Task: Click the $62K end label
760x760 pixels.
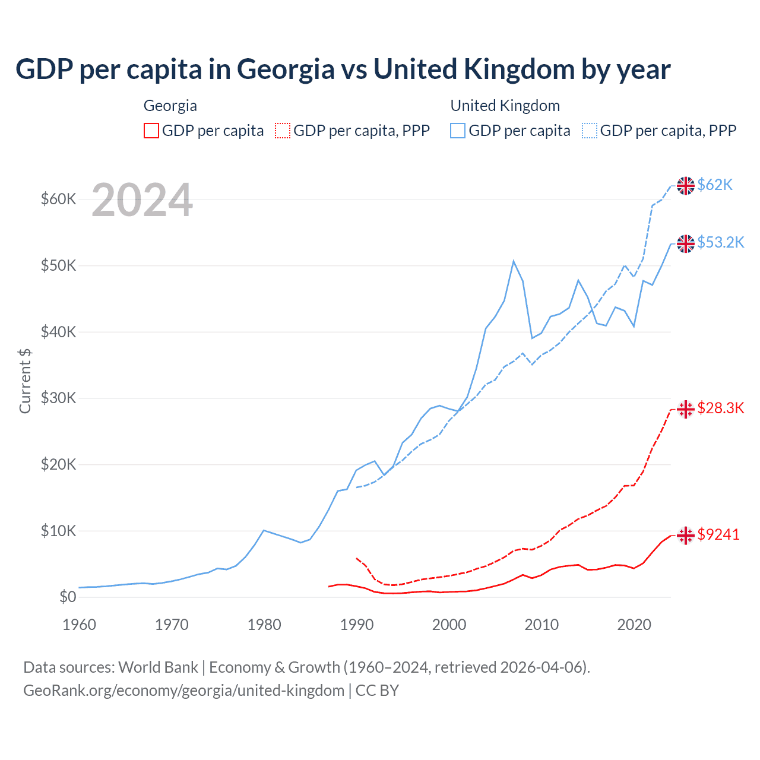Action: (x=715, y=185)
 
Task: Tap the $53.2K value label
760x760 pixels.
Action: (x=720, y=242)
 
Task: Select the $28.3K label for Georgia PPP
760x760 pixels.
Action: (x=720, y=408)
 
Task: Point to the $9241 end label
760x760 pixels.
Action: (x=718, y=534)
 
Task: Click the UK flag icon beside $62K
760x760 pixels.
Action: (x=686, y=185)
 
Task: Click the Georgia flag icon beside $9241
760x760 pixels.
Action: (x=686, y=535)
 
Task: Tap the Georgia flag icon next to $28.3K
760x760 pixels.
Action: (x=686, y=408)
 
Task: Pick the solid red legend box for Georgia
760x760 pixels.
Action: (x=151, y=131)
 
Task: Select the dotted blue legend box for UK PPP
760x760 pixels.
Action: (x=590, y=131)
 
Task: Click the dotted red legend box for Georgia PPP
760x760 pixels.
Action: (x=283, y=131)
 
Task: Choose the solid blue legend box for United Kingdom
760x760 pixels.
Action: (x=458, y=131)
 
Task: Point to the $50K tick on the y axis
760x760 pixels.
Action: (x=58, y=265)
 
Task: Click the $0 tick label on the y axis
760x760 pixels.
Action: (x=68, y=597)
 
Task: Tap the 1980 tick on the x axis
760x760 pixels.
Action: (x=264, y=625)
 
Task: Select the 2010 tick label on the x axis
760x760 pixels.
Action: (x=541, y=625)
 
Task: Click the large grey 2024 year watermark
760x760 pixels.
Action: (x=142, y=201)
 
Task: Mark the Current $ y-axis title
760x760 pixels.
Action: (x=25, y=381)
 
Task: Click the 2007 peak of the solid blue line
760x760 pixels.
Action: (x=514, y=261)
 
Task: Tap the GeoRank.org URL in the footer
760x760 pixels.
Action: (x=184, y=691)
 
